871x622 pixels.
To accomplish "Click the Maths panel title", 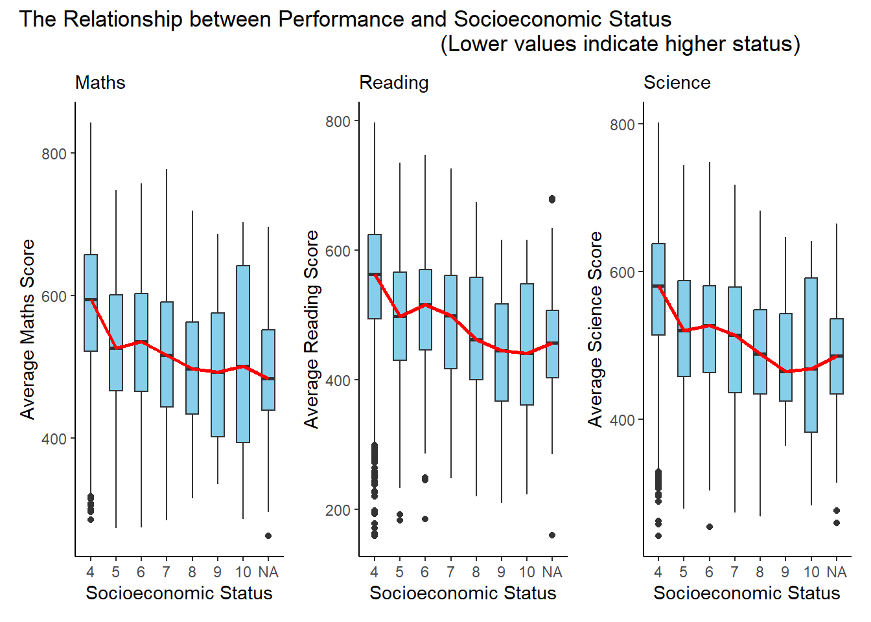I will pyautogui.click(x=100, y=83).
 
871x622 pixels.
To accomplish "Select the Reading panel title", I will pyautogui.click(x=394, y=83).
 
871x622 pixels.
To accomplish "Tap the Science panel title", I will pyautogui.click(x=677, y=83).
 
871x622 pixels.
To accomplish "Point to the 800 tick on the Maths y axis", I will pyautogui.click(x=54, y=154).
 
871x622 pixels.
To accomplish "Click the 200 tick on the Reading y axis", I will pyautogui.click(x=338, y=511).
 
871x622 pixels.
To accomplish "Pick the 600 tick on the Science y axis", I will pyautogui.click(x=622, y=273).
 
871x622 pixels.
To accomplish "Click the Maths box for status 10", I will pyautogui.click(x=243, y=354).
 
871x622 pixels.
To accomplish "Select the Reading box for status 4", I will pyautogui.click(x=375, y=277).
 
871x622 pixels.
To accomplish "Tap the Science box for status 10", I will pyautogui.click(x=811, y=355).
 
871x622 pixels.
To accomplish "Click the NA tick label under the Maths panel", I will pyautogui.click(x=268, y=573).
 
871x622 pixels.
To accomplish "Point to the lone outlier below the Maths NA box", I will pyautogui.click(x=268, y=536).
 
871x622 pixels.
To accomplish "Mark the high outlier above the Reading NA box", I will pyautogui.click(x=552, y=200).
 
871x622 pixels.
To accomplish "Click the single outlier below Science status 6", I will pyautogui.click(x=710, y=527).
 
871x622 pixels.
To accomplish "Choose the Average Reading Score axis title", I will pyautogui.click(x=312, y=329).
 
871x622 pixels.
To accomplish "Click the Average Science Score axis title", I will pyautogui.click(x=596, y=329).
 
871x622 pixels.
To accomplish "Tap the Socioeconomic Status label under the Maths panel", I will pyautogui.click(x=179, y=593).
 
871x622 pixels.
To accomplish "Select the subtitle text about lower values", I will pyautogui.click(x=620, y=44).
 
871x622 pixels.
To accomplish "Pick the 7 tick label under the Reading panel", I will pyautogui.click(x=450, y=573).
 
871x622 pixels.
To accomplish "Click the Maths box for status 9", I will pyautogui.click(x=218, y=374).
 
